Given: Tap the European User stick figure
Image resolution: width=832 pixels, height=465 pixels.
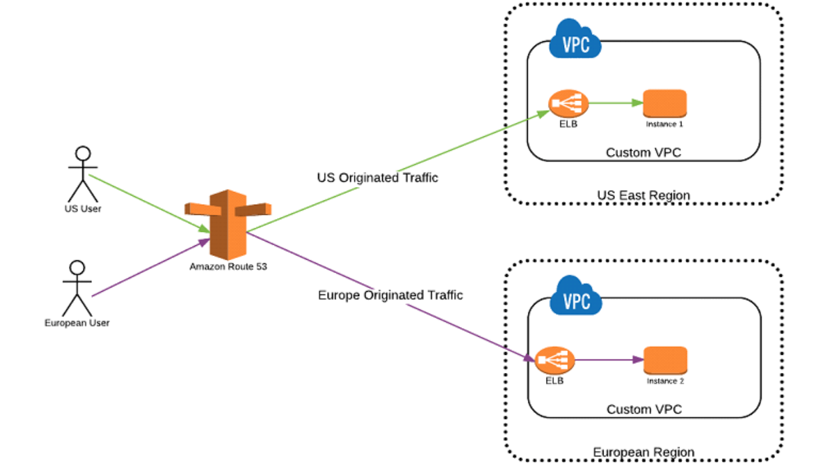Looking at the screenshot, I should click(x=77, y=288).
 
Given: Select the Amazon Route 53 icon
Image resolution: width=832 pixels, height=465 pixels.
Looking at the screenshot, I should click(x=227, y=223).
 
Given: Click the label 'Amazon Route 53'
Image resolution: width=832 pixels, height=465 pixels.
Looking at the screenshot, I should click(x=228, y=266).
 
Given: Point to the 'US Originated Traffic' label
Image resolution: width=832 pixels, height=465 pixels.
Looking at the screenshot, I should click(x=377, y=178).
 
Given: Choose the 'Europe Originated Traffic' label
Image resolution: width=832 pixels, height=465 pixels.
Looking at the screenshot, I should click(x=390, y=295).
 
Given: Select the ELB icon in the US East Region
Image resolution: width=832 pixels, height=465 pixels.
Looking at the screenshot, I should click(x=568, y=104).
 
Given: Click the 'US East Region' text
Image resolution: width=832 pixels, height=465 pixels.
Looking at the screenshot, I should click(x=643, y=196).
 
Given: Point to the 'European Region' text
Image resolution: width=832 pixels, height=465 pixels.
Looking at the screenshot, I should click(x=643, y=452).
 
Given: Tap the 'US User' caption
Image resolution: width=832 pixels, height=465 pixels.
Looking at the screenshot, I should click(x=83, y=209).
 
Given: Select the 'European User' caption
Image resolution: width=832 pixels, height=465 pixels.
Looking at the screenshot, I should click(x=77, y=323).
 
